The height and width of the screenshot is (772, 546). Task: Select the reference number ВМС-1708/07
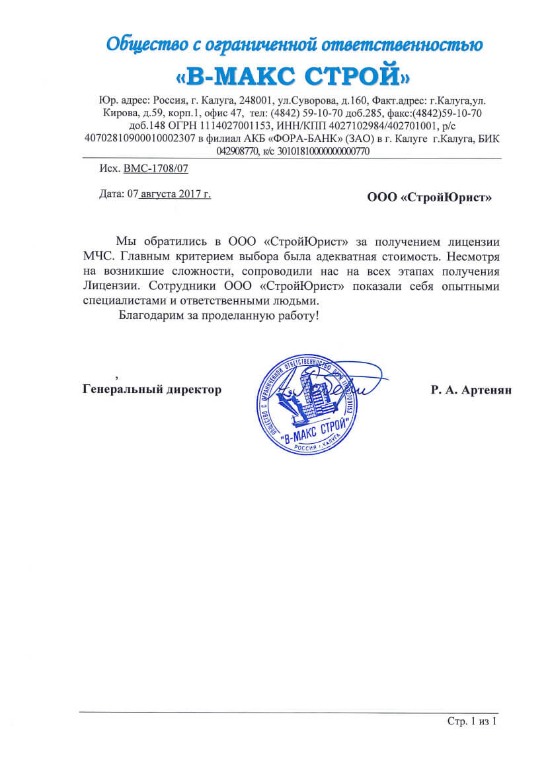click(x=156, y=168)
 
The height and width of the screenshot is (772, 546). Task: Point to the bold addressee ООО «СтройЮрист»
click(x=430, y=197)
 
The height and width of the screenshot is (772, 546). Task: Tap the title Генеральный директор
click(x=152, y=390)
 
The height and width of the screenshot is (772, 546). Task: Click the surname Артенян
click(x=488, y=390)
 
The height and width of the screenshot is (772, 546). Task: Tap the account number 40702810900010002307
click(x=140, y=138)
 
